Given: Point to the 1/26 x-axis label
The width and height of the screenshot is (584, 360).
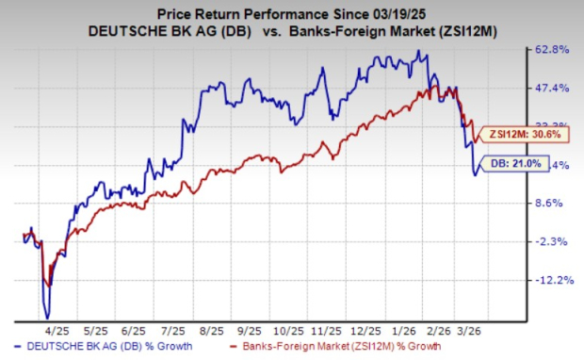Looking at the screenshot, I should coord(407,332).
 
